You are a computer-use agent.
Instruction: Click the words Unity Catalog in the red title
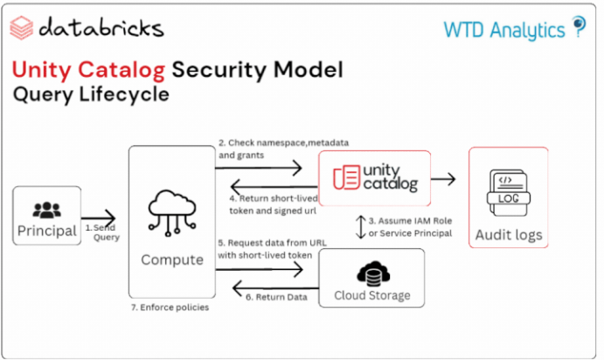click(87, 69)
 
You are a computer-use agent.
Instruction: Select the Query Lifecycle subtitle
click(91, 95)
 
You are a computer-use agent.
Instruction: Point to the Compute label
click(171, 260)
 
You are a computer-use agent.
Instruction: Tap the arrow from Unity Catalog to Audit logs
click(444, 179)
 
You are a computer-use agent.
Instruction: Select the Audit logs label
click(508, 234)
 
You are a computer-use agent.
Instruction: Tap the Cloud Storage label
click(371, 295)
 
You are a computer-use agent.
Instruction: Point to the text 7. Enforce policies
click(171, 308)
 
